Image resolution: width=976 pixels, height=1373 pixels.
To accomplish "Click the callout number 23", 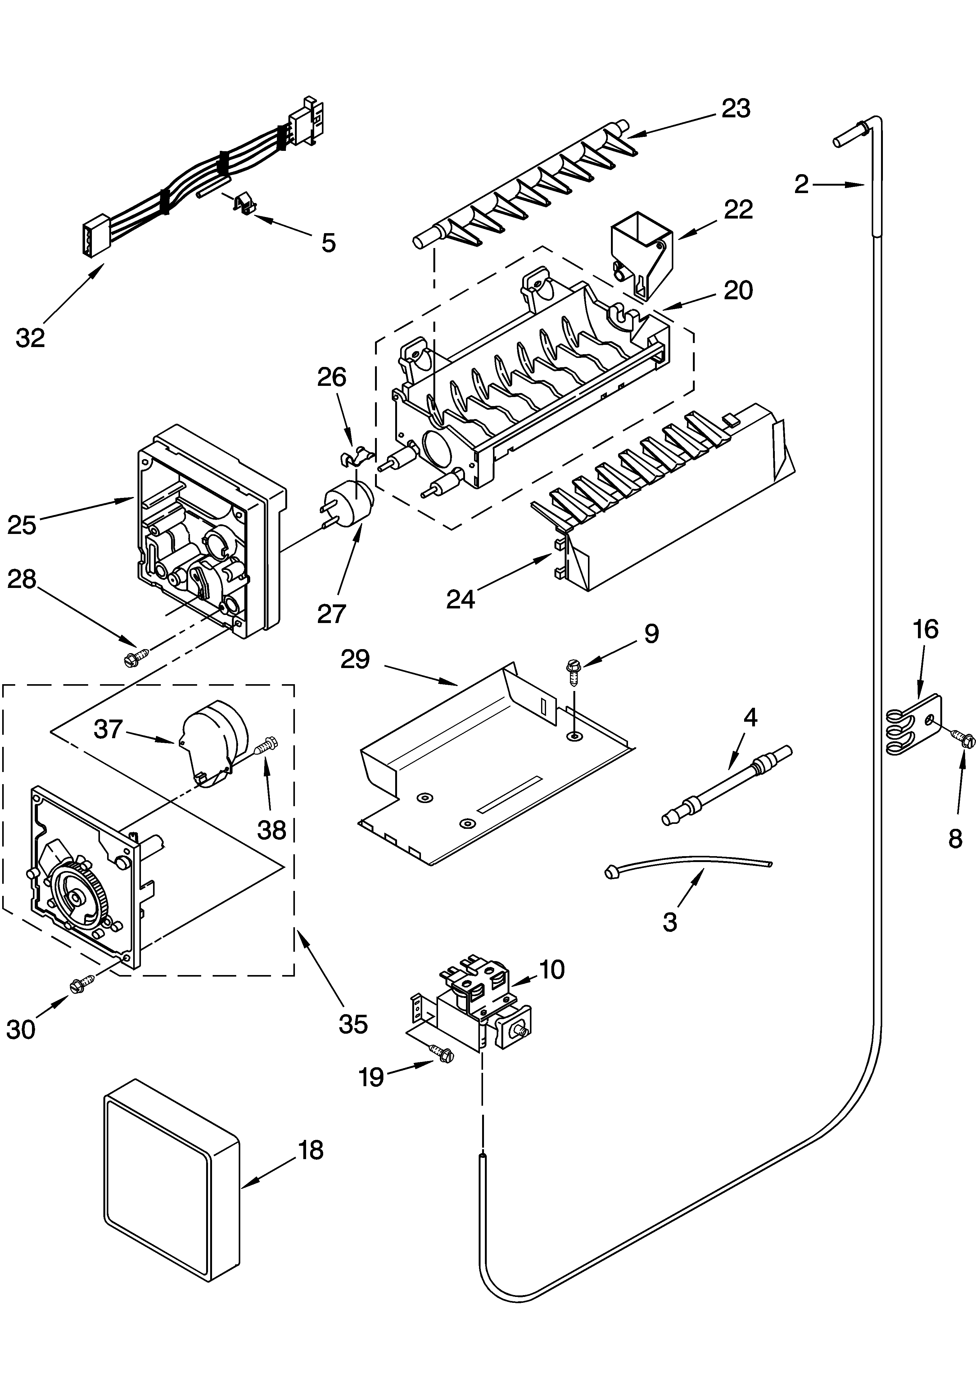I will (736, 109).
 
